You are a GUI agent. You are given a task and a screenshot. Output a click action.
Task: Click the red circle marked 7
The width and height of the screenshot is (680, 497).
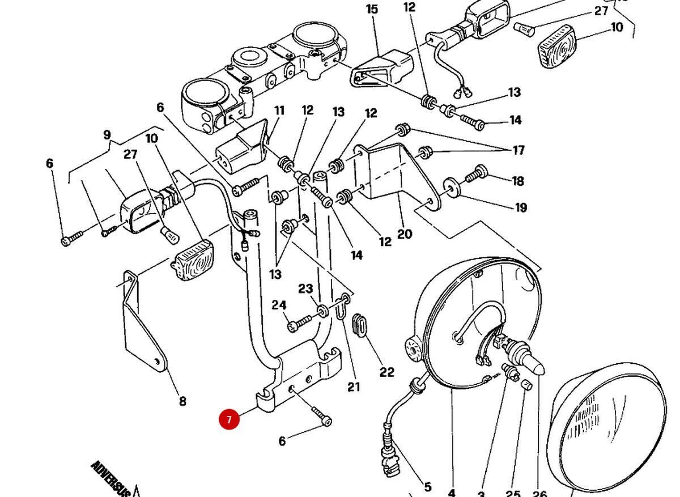pyautogui.click(x=229, y=419)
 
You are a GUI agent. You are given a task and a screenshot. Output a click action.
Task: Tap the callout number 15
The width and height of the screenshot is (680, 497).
pyautogui.click(x=372, y=9)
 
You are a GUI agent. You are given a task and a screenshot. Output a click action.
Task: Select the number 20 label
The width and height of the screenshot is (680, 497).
pyautogui.click(x=405, y=233)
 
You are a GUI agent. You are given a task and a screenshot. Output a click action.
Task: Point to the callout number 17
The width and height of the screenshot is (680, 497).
pyautogui.click(x=518, y=150)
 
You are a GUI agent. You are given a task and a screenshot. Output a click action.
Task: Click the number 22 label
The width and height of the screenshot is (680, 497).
pyautogui.click(x=386, y=372)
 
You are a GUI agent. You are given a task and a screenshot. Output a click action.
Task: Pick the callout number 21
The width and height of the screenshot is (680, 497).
pyautogui.click(x=354, y=387)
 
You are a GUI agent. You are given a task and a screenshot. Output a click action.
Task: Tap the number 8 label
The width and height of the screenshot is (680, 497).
pyautogui.click(x=182, y=401)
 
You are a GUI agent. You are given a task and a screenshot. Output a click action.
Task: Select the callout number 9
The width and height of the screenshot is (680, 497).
pyautogui.click(x=107, y=135)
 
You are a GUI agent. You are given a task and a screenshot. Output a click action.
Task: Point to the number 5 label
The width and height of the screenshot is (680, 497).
pyautogui.click(x=427, y=486)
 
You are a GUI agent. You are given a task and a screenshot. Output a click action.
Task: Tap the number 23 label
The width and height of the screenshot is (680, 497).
pyautogui.click(x=305, y=288)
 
